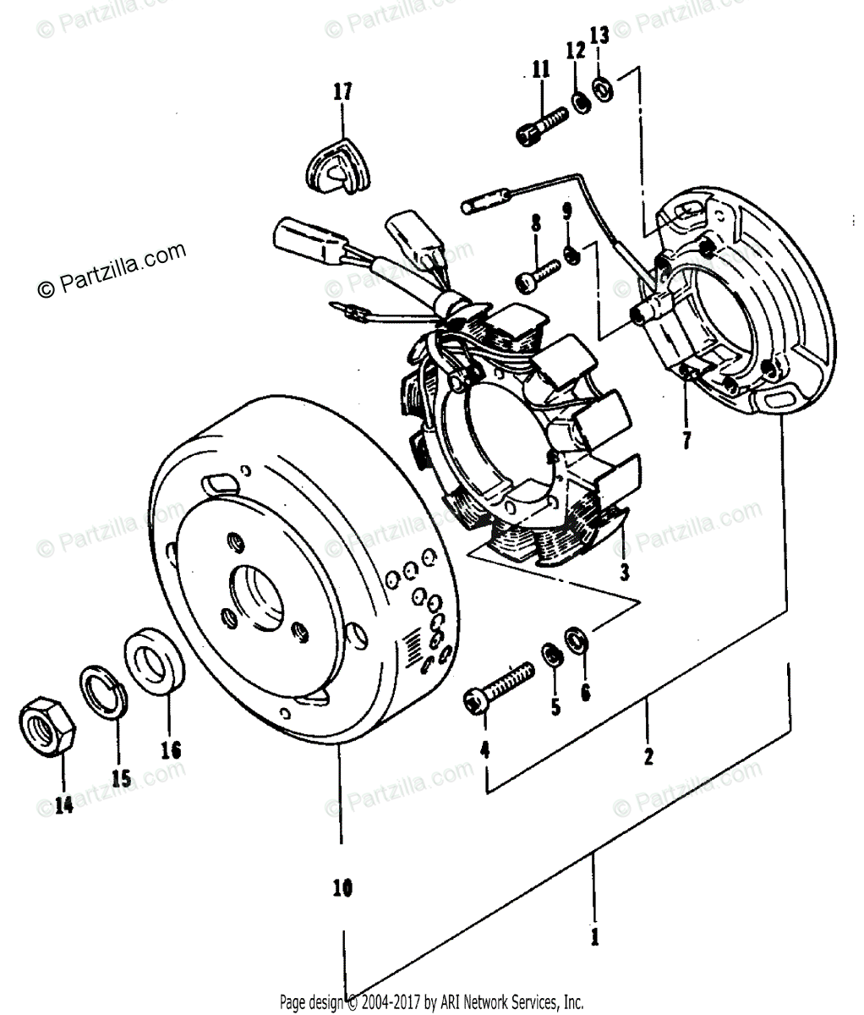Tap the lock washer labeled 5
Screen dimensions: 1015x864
click(553, 653)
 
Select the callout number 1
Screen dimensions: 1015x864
click(594, 937)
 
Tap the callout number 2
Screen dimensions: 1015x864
click(648, 756)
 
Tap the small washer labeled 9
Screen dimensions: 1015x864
click(571, 253)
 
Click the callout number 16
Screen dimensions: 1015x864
click(170, 749)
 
